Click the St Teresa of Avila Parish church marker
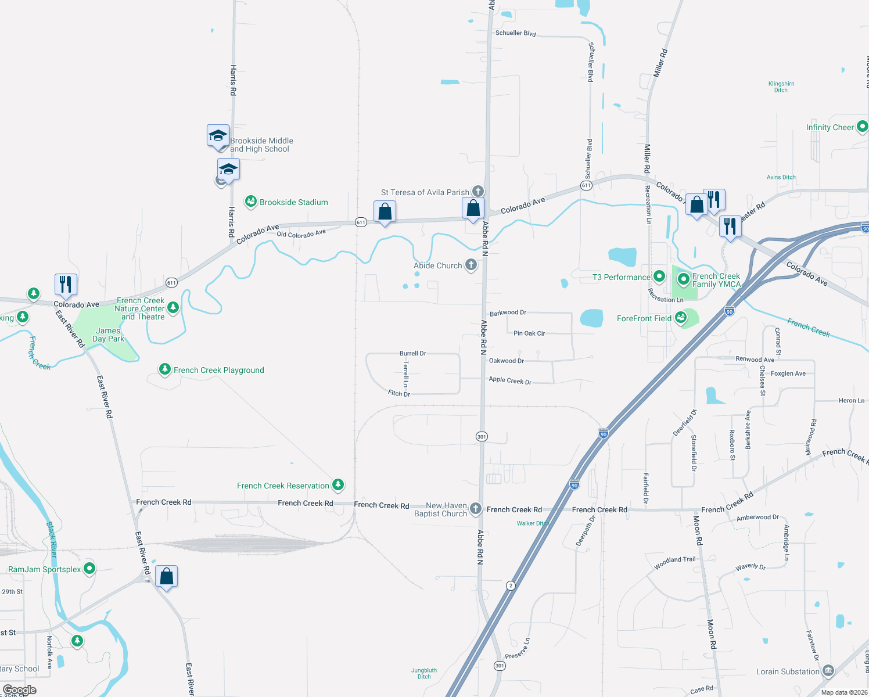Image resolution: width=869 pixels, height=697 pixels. click(x=477, y=191)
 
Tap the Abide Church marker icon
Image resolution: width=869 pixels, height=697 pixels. click(x=471, y=265)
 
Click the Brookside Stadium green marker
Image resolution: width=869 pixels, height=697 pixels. click(x=251, y=202)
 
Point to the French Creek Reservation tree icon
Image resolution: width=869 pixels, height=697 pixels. click(x=338, y=485)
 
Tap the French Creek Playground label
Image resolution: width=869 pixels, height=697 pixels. click(x=218, y=370)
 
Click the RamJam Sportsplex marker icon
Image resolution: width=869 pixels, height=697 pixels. click(x=89, y=568)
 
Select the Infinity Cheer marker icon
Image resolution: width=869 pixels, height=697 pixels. click(x=862, y=126)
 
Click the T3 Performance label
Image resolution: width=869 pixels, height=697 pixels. click(x=621, y=277)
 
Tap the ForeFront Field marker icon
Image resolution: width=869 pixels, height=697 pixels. click(x=681, y=318)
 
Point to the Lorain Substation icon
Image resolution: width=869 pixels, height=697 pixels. click(x=828, y=671)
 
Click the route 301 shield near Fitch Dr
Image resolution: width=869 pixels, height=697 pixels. click(x=482, y=436)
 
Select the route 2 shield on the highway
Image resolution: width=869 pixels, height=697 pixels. click(x=511, y=585)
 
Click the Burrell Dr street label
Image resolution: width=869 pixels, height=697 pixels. click(x=412, y=353)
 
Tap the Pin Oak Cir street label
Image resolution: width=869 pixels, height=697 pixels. click(x=529, y=333)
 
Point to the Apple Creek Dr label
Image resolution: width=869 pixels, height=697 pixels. click(x=510, y=380)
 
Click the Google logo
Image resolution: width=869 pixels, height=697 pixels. click(x=19, y=689)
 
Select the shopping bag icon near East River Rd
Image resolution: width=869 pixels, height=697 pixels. click(x=167, y=576)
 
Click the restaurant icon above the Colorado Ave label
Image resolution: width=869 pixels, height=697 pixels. click(x=66, y=284)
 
